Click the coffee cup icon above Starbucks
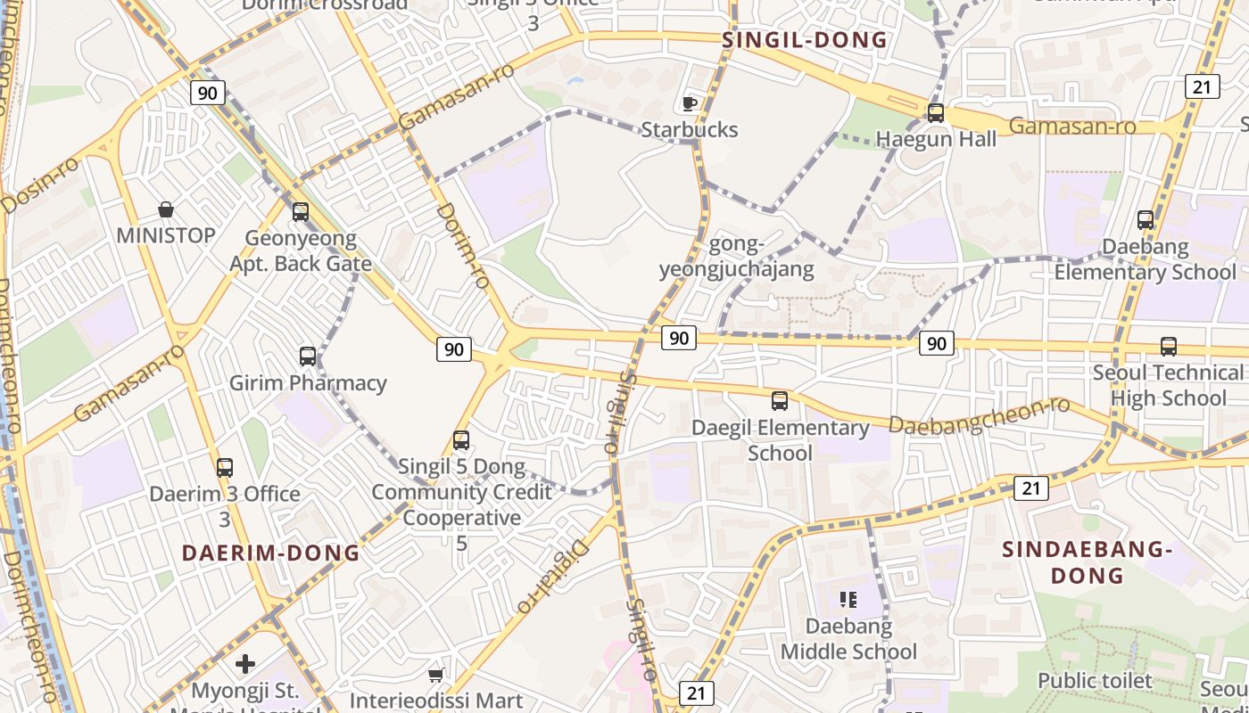[x=690, y=103]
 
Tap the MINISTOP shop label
[x=166, y=235]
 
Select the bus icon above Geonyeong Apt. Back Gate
[x=301, y=211]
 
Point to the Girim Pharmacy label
[x=308, y=383]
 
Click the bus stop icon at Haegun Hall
[x=936, y=113]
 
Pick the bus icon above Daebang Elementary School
[x=1146, y=219]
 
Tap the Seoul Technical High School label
[x=1168, y=385]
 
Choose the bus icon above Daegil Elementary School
[x=780, y=401]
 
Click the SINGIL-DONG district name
[x=805, y=40]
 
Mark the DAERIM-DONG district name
[x=270, y=553]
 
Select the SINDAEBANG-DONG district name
[x=1086, y=562]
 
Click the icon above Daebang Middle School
[x=848, y=600]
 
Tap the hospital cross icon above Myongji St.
[x=245, y=664]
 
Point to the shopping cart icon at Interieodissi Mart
[x=435, y=675]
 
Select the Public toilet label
[x=1095, y=681]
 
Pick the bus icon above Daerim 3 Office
[x=225, y=467]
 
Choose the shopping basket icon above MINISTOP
[x=166, y=209]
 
